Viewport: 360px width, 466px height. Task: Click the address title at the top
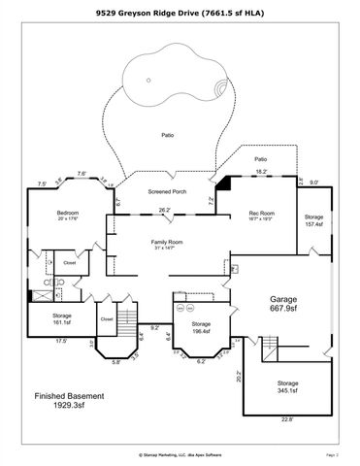click(180, 12)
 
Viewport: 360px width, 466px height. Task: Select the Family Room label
click(166, 244)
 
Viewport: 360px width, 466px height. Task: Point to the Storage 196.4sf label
click(200, 326)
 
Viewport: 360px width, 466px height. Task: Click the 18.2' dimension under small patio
click(261, 172)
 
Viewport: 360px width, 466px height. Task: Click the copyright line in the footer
click(180, 453)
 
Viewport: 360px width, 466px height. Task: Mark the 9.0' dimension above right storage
click(313, 180)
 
